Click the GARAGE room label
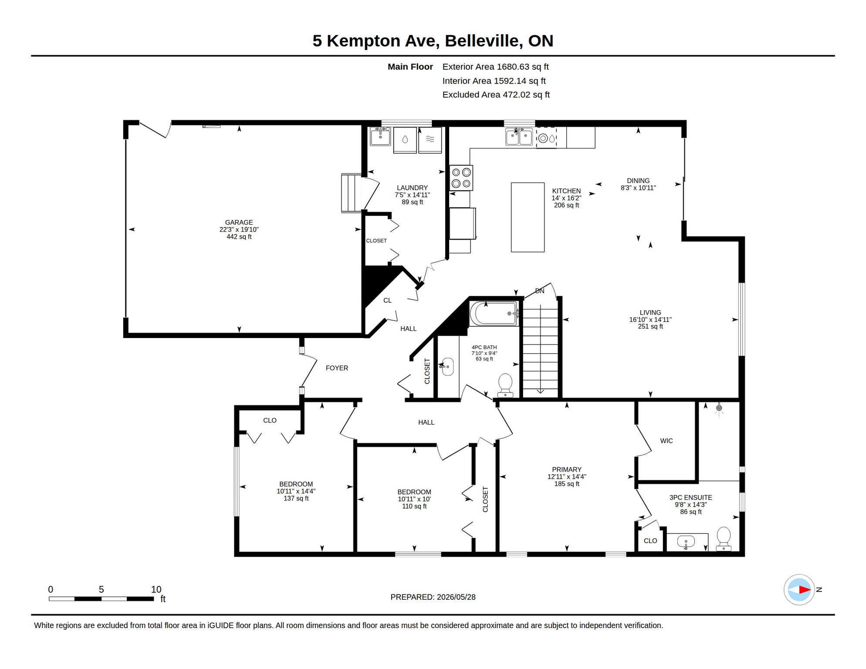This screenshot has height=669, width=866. [x=239, y=222]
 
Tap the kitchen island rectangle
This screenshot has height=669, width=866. [x=528, y=217]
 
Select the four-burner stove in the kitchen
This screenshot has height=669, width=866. [x=461, y=178]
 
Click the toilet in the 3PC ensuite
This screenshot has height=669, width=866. [x=724, y=539]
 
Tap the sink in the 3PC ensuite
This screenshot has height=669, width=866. [x=686, y=542]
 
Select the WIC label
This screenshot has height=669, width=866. [x=666, y=441]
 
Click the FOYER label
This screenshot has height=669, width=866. [x=337, y=368]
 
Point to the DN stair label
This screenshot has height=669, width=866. [x=540, y=291]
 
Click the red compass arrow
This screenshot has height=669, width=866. [x=805, y=590]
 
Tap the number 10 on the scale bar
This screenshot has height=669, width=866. [x=156, y=589]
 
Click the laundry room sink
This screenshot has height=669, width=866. [x=380, y=136]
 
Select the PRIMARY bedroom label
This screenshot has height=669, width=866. [x=567, y=470]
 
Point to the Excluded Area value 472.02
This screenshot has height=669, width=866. [x=516, y=95]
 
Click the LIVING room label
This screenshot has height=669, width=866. [x=650, y=312]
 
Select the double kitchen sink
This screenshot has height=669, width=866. [x=519, y=137]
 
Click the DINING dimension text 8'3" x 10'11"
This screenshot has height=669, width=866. [x=638, y=188]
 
